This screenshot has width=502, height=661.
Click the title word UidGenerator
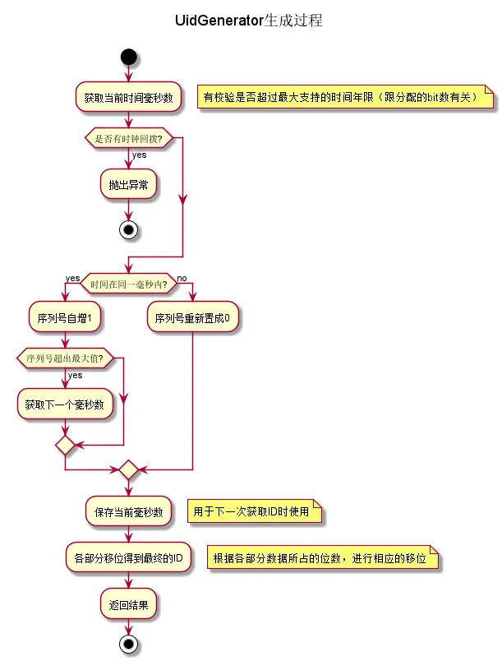218,21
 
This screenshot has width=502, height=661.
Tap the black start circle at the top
128,57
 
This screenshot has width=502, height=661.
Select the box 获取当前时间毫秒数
128,97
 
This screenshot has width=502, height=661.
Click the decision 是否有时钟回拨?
128,138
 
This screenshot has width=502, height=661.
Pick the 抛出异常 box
128,185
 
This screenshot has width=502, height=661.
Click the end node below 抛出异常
128,229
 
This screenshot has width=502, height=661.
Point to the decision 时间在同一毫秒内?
128,284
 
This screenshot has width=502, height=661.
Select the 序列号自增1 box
64,317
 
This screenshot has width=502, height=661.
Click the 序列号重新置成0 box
192,317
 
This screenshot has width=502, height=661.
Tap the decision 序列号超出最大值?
64,358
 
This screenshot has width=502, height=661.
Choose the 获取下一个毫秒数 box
64,404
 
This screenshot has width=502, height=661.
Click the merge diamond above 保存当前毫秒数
128,470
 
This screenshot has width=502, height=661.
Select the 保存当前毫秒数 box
128,511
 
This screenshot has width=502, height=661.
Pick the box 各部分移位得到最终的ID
128,558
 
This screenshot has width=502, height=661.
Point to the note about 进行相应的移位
323,558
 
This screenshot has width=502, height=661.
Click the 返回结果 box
128,605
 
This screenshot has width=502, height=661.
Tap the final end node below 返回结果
128,644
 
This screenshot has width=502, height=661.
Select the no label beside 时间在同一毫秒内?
182,278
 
